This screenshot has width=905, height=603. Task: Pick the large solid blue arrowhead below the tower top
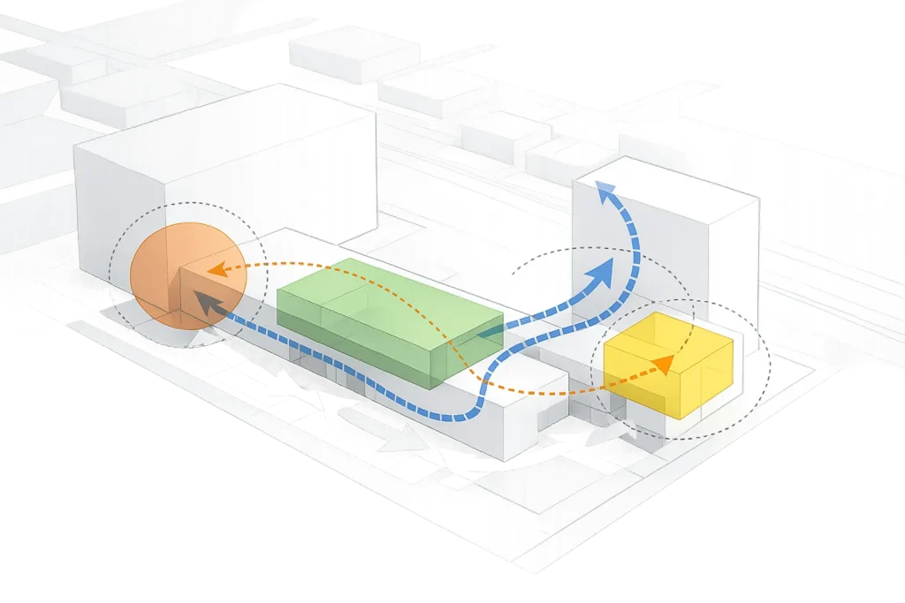click(605, 274)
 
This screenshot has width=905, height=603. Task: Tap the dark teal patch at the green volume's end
click(491, 333)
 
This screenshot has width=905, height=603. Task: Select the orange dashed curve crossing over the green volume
click(354, 264)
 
